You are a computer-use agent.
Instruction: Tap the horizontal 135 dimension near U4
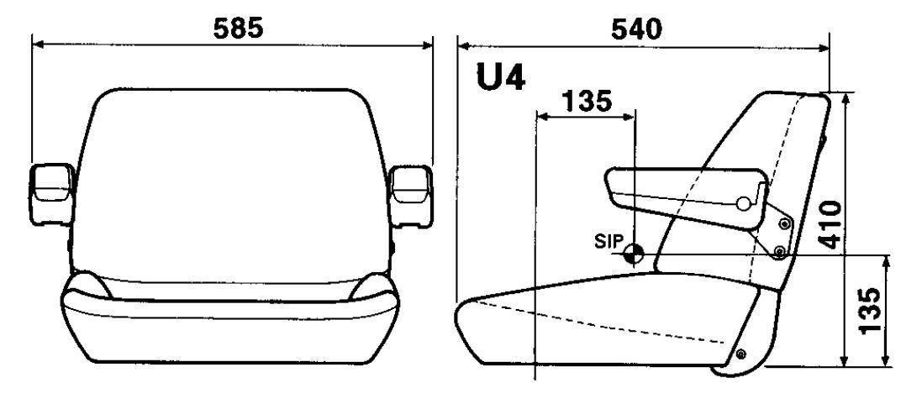586,102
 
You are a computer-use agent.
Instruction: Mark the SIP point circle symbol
635,254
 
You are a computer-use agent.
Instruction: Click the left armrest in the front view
53,195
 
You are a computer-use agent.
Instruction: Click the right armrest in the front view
412,195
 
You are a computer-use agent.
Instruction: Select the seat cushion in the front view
231,323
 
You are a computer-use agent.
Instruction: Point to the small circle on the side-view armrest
743,203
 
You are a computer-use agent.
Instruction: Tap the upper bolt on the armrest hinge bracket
785,223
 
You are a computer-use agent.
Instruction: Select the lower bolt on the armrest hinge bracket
779,250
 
